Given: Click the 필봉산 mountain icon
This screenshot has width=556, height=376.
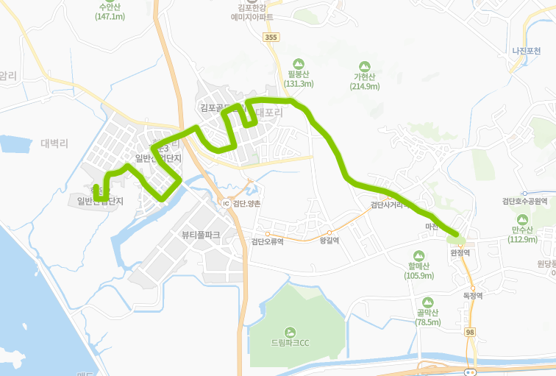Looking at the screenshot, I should click(299, 64).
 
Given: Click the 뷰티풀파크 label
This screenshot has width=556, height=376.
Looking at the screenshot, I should click(201, 235).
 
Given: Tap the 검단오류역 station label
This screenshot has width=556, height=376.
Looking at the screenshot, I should click(267, 241).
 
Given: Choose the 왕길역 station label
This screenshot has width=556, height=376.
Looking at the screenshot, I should click(329, 240).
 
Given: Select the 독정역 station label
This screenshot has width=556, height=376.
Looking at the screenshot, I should click(472, 296).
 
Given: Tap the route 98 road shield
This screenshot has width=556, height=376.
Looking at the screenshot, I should click(469, 333).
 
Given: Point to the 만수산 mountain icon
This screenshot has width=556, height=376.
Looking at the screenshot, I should click(523, 219).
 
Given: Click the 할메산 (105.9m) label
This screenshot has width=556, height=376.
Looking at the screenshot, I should click(418, 271).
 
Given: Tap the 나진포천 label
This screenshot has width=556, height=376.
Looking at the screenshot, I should click(527, 51).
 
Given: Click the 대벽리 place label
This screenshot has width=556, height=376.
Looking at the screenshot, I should click(54, 143).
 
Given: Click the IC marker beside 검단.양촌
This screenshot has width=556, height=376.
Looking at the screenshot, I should click(226, 203).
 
